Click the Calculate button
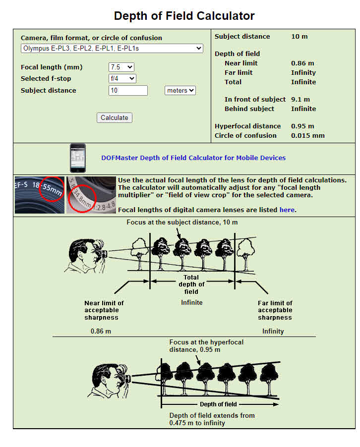pyautogui.click(x=114, y=118)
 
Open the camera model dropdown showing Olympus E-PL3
pyautogui.click(x=112, y=48)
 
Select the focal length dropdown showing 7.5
pyautogui.click(x=121, y=67)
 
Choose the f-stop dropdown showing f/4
pyautogui.click(x=122, y=78)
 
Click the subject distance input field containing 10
pyautogui.click(x=128, y=90)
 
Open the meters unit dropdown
pyautogui.click(x=180, y=90)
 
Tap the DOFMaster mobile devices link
pyautogui.click(x=193, y=158)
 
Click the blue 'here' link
pyautogui.click(x=287, y=210)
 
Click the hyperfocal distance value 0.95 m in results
pyautogui.click(x=302, y=126)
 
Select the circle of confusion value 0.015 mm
pyautogui.click(x=307, y=136)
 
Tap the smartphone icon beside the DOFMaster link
pyautogui.click(x=77, y=158)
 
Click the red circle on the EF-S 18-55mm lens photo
pyautogui.click(x=52, y=189)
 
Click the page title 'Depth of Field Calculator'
pyautogui.click(x=184, y=15)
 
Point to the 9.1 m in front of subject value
pyautogui.click(x=300, y=100)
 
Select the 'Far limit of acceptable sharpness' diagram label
pyautogui.click(x=275, y=310)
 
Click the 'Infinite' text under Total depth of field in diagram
pyautogui.click(x=191, y=302)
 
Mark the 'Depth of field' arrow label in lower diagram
pyautogui.click(x=218, y=404)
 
